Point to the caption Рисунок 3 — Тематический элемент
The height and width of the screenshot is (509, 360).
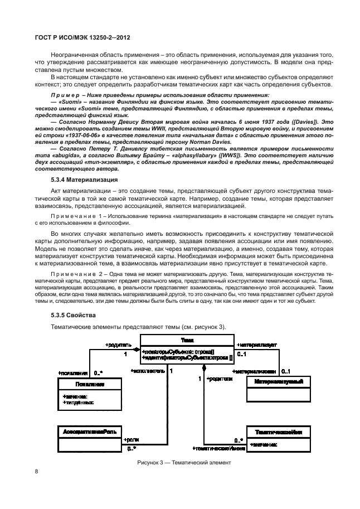(184, 463)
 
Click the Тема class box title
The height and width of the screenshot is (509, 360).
(187, 340)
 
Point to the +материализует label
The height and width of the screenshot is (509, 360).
(257, 346)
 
